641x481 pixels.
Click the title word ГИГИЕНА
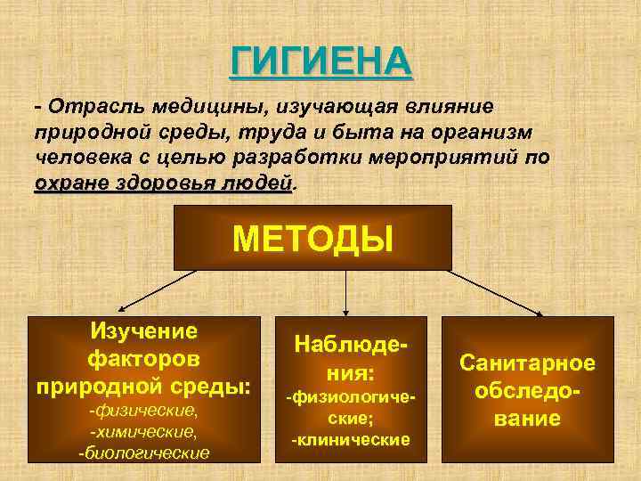pyautogui.click(x=321, y=61)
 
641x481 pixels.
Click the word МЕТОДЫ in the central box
pyautogui.click(x=312, y=239)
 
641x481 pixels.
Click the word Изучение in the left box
pyautogui.click(x=143, y=331)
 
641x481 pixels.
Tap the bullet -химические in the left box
pyautogui.click(x=143, y=433)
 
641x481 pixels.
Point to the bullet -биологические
pyautogui.click(x=143, y=452)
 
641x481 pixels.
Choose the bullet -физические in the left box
pyautogui.click(x=143, y=413)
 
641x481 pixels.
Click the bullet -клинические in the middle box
pyautogui.click(x=351, y=439)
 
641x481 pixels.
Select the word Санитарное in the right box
pyautogui.click(x=527, y=363)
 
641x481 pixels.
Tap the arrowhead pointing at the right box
pyautogui.click(x=540, y=312)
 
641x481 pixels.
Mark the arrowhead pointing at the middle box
pyautogui.click(x=347, y=308)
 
